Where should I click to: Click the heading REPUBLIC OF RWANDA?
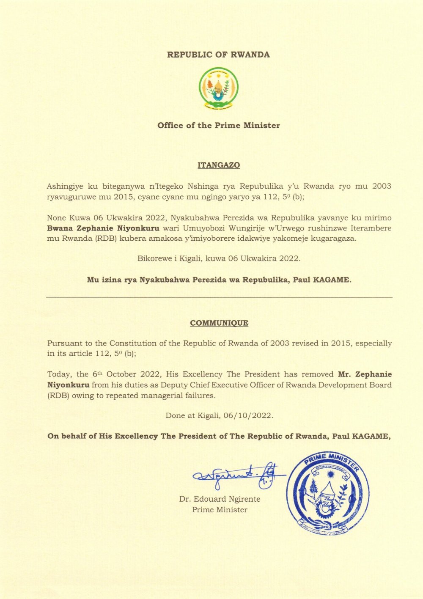click(x=218, y=55)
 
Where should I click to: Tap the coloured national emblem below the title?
click(x=218, y=89)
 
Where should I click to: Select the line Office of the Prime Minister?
click(x=218, y=126)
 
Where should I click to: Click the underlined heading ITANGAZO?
click(x=218, y=165)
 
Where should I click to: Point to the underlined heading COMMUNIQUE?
click(x=219, y=323)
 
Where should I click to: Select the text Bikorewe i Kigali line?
click(x=218, y=258)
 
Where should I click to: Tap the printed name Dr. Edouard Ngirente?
click(x=220, y=499)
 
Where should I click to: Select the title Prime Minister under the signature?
click(x=220, y=510)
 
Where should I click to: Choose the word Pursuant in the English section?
click(x=64, y=343)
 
